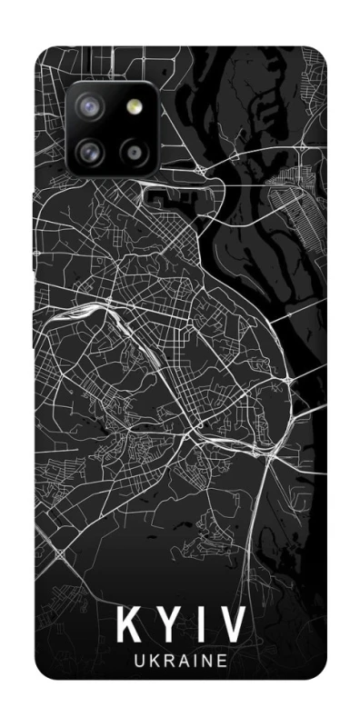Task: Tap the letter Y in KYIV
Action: pyautogui.click(x=165, y=626)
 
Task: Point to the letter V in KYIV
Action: pyautogui.click(x=231, y=626)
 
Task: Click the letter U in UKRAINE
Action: pyautogui.click(x=139, y=663)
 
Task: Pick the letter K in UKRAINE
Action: pyautogui.click(x=153, y=663)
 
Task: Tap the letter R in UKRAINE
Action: pyautogui.click(x=166, y=663)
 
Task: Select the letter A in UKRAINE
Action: pyautogui.click(x=181, y=663)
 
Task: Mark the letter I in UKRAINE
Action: pyautogui.click(x=192, y=663)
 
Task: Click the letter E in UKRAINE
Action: pyautogui.click(x=219, y=663)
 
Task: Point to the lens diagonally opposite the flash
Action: pyautogui.click(x=90, y=148)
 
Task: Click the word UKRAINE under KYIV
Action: pyautogui.click(x=179, y=663)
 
